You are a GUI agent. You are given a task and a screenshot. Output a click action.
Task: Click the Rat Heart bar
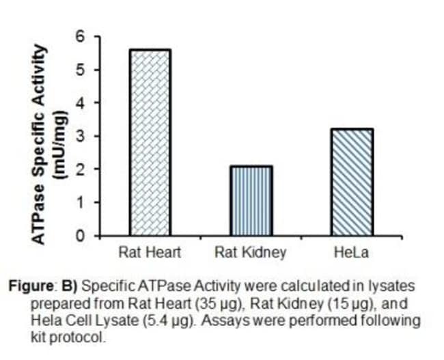pos(150,142)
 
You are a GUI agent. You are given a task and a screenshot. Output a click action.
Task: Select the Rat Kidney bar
pos(251,201)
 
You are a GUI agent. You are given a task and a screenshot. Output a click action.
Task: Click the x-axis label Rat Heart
pos(150,253)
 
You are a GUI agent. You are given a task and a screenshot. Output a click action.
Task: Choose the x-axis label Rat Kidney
pos(251,253)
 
